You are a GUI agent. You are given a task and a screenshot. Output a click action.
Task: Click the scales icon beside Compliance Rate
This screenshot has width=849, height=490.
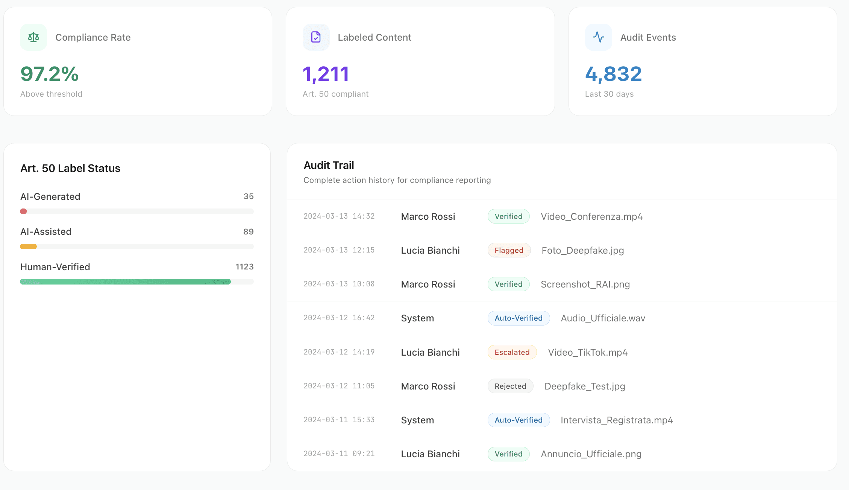tap(33, 37)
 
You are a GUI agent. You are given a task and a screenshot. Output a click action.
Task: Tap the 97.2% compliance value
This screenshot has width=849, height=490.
tap(49, 74)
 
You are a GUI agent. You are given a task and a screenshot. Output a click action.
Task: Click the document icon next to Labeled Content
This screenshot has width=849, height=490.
tap(316, 37)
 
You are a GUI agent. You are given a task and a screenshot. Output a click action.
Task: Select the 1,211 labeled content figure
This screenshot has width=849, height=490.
tap(326, 74)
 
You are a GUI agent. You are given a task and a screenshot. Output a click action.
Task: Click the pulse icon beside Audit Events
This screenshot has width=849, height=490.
tap(598, 37)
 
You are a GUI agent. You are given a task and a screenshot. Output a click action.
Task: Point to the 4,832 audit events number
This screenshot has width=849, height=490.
tap(613, 74)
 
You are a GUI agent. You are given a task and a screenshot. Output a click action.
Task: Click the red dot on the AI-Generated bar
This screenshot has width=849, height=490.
tap(23, 212)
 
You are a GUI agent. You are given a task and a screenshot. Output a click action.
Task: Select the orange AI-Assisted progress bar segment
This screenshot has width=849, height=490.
tap(28, 247)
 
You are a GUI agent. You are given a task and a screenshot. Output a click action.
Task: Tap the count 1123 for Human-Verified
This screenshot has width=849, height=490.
tap(244, 267)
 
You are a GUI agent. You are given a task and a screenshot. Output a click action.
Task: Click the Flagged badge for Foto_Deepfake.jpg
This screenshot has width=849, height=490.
tap(509, 250)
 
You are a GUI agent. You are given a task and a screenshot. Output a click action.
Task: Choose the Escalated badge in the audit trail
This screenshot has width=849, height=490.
tap(512, 352)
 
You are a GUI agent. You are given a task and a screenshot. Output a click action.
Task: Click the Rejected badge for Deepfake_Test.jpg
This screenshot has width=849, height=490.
tap(510, 386)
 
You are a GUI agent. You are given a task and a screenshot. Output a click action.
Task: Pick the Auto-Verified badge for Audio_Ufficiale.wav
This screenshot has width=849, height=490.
tap(518, 318)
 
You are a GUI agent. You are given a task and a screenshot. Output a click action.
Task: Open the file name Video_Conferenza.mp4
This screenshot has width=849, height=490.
tap(591, 216)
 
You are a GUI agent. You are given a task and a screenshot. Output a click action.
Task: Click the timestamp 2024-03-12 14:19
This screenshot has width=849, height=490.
tap(339, 352)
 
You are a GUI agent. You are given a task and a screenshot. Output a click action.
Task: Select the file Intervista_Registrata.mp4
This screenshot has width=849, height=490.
tap(617, 420)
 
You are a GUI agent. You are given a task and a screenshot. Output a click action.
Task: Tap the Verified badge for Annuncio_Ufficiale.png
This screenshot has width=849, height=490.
tap(508, 454)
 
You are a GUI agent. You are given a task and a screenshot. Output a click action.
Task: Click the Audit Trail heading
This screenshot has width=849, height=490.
tap(329, 165)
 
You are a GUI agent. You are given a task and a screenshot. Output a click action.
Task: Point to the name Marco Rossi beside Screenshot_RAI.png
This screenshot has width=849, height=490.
tap(428, 284)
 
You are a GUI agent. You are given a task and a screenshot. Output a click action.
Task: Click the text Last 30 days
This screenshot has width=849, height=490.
tap(609, 94)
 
